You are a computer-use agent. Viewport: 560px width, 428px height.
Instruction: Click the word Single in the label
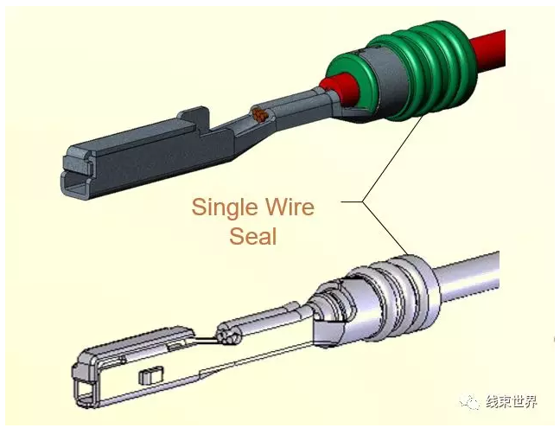[x=224, y=208]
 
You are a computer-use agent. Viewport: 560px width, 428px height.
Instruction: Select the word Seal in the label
[x=252, y=235]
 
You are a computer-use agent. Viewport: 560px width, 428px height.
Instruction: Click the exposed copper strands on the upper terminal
[x=258, y=113]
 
